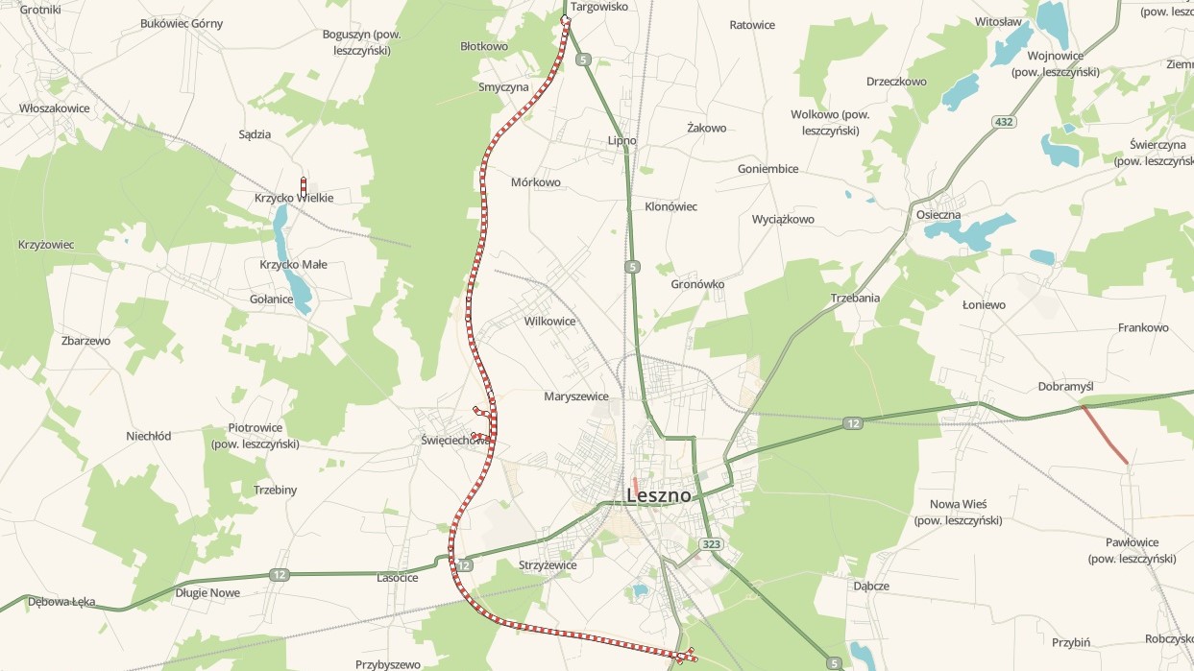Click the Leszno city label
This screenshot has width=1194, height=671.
point(659,496)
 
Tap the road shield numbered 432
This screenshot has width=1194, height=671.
point(1004,122)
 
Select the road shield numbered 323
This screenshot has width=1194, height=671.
point(711,544)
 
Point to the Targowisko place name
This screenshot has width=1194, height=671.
point(598,7)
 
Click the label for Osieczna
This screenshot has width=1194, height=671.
point(938,215)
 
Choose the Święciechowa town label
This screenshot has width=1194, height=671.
point(456,440)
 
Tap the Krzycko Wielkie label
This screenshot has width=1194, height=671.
point(294,199)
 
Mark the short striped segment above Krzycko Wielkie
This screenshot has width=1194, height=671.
point(304,186)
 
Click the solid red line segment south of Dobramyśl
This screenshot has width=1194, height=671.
point(1105,435)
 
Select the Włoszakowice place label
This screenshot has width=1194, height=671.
point(55,108)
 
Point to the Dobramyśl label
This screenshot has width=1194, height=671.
point(1066,387)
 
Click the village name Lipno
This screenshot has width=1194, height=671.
point(621,141)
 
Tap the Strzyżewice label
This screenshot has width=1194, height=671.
point(547,565)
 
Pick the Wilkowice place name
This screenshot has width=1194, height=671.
point(549,322)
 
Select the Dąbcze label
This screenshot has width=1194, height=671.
point(870,586)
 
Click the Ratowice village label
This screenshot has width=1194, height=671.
point(752,25)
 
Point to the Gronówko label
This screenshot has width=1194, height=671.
point(697,285)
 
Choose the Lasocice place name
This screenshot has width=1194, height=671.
point(397,578)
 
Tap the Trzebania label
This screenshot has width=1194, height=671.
point(855,299)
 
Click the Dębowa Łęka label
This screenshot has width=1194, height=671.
point(61,602)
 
